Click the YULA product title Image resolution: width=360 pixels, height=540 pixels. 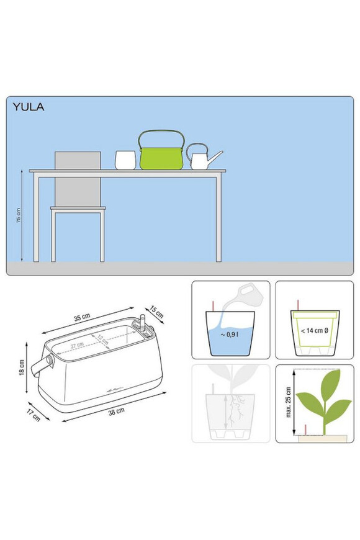[x=29, y=107]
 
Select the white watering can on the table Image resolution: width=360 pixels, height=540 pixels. [x=204, y=157]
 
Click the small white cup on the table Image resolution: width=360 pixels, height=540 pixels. [x=125, y=160]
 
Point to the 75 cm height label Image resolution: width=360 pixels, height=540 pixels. [x=19, y=215]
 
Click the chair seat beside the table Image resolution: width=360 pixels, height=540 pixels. [x=78, y=209]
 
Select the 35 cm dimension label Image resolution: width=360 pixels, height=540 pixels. [x=82, y=317]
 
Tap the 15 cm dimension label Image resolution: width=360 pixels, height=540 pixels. [x=157, y=312]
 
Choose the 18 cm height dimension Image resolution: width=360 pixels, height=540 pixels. [x=22, y=367]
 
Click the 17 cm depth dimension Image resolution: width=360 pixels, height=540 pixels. [x=34, y=415]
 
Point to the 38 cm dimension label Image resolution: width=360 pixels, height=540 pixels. [x=117, y=411]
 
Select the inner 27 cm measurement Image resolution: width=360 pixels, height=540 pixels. [x=77, y=345]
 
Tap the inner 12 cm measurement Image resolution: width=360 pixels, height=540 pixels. [x=102, y=340]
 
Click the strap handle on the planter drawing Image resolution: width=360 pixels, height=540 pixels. [x=42, y=366]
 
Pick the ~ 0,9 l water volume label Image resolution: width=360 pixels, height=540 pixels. [x=230, y=334]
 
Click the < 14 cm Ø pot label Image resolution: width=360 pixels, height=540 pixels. [x=315, y=331]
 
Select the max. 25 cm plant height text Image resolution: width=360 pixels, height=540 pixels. [x=289, y=402]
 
